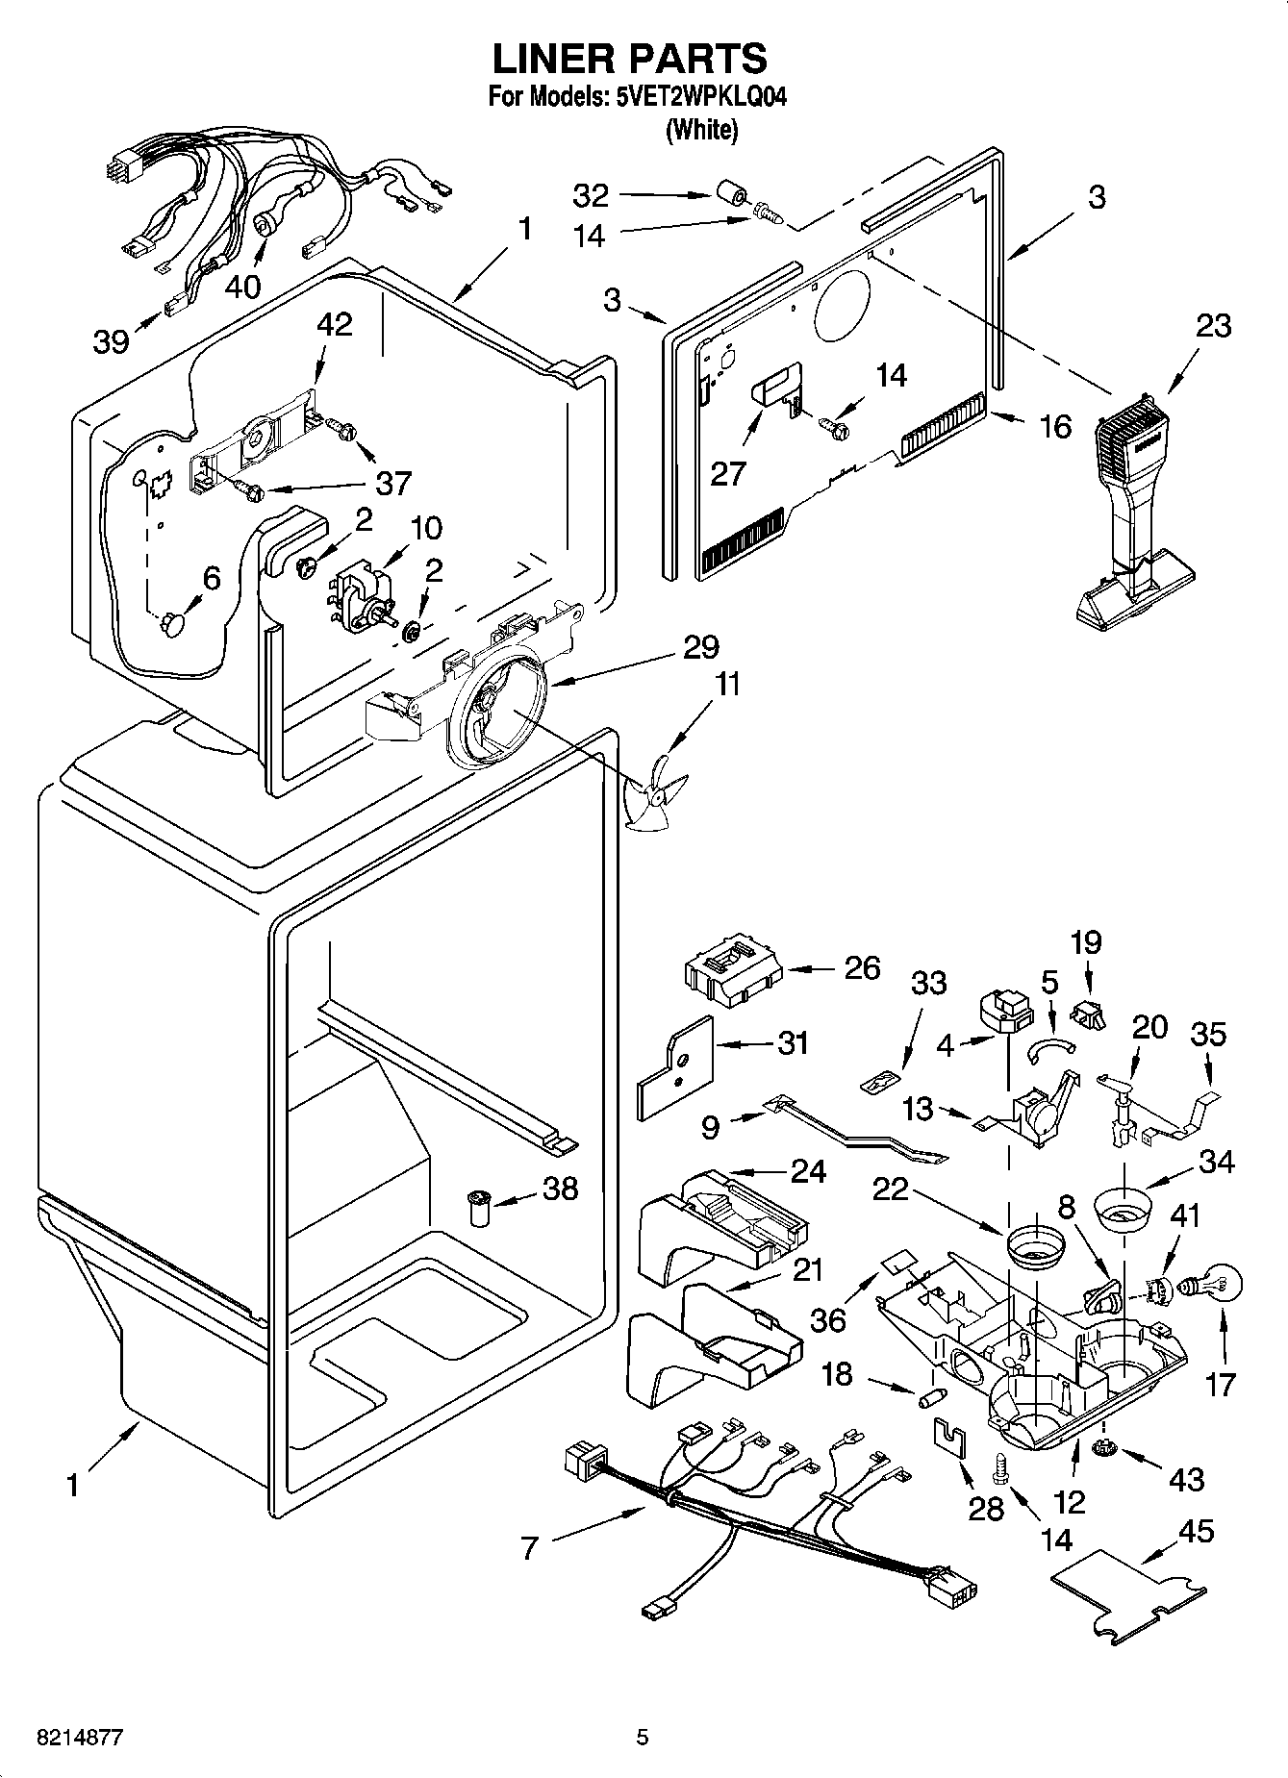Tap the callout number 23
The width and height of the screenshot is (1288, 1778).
pyautogui.click(x=1213, y=326)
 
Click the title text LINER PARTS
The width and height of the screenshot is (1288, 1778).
pyautogui.click(x=630, y=59)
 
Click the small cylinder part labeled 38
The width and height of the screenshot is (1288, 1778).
pyautogui.click(x=478, y=1206)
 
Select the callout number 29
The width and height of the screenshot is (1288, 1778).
pyautogui.click(x=701, y=647)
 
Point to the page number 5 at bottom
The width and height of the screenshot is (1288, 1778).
pyautogui.click(x=643, y=1738)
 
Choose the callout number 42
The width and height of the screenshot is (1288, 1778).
pyautogui.click(x=334, y=324)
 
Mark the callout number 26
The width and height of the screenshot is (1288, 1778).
pyautogui.click(x=861, y=967)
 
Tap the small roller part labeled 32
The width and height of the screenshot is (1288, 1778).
pyautogui.click(x=736, y=196)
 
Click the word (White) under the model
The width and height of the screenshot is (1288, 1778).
pyautogui.click(x=702, y=130)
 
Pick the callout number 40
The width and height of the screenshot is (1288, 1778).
pyautogui.click(x=243, y=286)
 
